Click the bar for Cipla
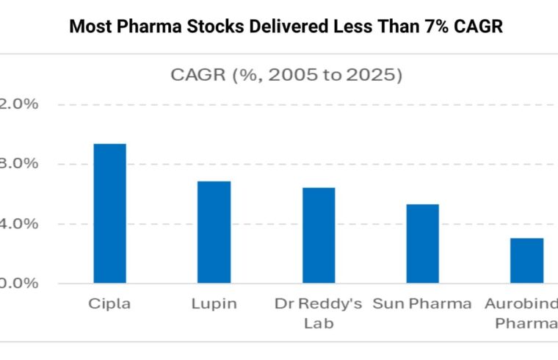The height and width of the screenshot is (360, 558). (109, 213)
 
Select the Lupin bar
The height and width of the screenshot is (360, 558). (214, 232)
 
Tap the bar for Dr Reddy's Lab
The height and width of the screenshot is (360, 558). (319, 235)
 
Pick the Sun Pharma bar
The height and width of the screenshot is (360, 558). (423, 244)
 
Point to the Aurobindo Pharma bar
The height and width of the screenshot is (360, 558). (527, 261)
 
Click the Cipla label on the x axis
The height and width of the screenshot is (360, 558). (109, 303)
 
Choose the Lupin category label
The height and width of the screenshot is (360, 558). (214, 303)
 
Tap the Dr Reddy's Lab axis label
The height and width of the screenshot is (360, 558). (318, 312)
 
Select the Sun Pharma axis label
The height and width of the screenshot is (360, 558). (422, 303)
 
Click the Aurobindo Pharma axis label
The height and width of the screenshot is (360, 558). (523, 312)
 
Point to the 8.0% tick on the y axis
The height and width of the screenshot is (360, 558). (18, 164)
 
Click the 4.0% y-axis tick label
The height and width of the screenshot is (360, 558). (18, 223)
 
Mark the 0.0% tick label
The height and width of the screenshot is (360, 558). (18, 284)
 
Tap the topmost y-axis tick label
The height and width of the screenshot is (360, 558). (18, 104)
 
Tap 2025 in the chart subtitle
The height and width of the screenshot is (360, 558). (372, 74)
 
